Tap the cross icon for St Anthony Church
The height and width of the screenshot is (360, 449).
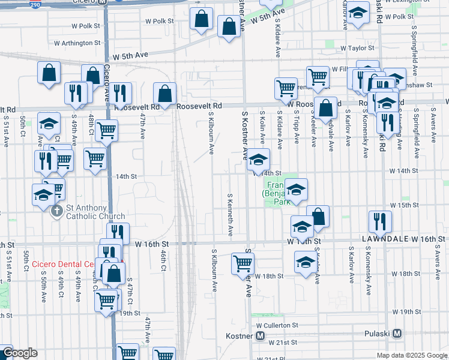[56, 211]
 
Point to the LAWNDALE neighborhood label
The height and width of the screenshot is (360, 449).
[383, 239]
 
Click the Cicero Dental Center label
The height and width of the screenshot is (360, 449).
[63, 264]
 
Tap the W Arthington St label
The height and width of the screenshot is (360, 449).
[77, 43]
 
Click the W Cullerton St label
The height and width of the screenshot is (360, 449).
[277, 325]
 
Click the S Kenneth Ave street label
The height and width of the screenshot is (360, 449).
[230, 214]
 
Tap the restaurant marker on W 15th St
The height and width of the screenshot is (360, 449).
[380, 221]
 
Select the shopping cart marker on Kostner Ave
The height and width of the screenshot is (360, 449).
[243, 262]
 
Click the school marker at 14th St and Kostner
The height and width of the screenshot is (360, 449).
[259, 160]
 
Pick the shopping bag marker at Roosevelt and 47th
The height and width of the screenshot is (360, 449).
[164, 93]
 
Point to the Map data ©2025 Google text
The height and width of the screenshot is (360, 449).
[411, 355]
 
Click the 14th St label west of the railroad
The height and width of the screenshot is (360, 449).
[127, 176]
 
